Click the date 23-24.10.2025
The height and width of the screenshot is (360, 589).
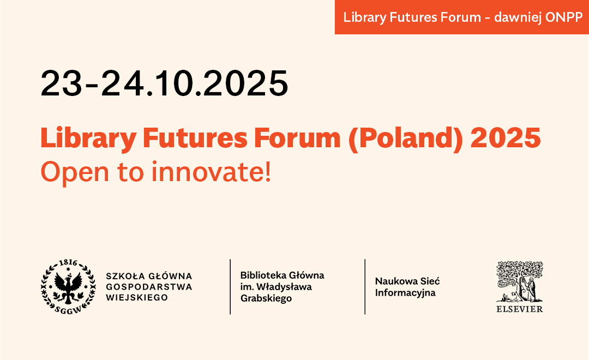click(164, 83)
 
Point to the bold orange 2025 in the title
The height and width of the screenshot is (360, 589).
click(506, 137)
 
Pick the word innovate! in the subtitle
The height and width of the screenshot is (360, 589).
click(211, 172)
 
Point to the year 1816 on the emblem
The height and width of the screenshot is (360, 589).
click(68, 263)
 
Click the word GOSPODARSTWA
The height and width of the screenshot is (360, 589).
click(149, 287)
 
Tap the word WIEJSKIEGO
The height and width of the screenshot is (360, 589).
click(137, 298)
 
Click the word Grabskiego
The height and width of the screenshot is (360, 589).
click(266, 298)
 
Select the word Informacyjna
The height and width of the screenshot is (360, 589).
click(405, 293)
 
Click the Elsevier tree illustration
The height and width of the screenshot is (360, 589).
click(520, 281)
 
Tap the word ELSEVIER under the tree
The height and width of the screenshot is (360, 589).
click(520, 309)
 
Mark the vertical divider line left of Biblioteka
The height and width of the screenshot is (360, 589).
click(230, 287)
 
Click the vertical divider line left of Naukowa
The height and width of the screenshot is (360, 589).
click(365, 287)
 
